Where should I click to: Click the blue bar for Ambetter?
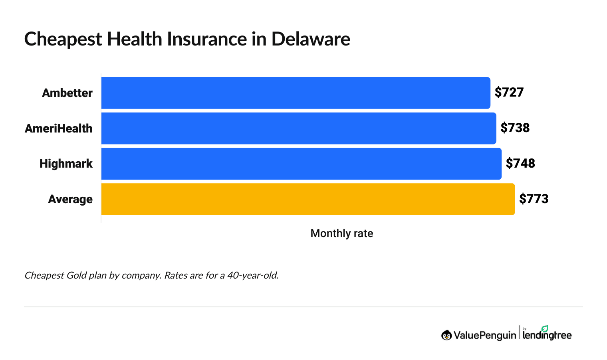[296, 93]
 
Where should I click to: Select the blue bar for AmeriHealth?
[299, 128]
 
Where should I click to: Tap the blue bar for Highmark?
[301, 164]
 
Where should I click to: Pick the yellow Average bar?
[308, 199]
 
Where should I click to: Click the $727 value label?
[509, 92]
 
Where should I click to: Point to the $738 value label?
[515, 128]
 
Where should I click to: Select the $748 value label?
[520, 163]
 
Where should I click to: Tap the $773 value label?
[534, 199]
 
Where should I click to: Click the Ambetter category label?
[67, 93]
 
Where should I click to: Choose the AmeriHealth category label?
[59, 129]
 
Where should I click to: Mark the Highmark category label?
[66, 164]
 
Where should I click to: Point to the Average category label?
[70, 199]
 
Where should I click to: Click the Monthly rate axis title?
[341, 233]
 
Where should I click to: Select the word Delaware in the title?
[310, 39]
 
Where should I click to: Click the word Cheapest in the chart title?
[63, 39]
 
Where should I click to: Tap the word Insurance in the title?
[207, 39]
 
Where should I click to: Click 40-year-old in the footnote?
[252, 275]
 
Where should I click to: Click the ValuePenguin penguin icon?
[446, 335]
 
